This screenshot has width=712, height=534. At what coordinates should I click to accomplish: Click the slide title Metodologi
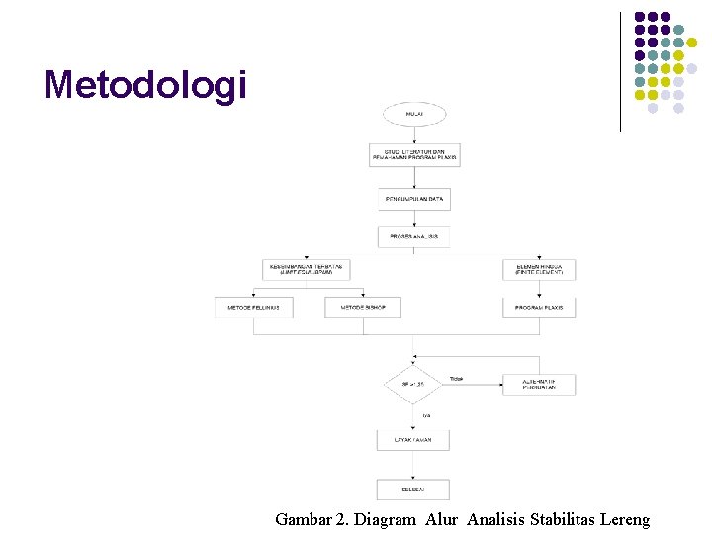pos(144,85)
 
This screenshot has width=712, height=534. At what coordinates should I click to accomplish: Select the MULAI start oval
pos(414,114)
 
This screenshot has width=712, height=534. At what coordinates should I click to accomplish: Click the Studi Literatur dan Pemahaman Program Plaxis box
pos(414,155)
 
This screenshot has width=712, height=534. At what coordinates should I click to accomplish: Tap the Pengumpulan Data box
pos(414,199)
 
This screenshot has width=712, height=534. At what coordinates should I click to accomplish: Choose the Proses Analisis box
pos(414,237)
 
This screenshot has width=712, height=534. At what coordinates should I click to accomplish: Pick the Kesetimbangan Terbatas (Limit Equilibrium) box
pos(309,269)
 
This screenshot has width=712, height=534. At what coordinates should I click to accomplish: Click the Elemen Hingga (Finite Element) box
pos(539,269)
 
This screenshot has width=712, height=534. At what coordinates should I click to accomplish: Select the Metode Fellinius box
pos(254,308)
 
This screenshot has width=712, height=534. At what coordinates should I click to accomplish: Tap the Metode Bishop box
pos(362,308)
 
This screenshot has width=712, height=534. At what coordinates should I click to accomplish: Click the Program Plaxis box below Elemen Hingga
pos(539,308)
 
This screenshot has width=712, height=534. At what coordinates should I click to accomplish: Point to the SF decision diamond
pos(413,384)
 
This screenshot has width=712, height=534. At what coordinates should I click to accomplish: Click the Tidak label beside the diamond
pos(456,379)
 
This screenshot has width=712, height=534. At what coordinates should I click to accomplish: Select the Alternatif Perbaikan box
pos(539,384)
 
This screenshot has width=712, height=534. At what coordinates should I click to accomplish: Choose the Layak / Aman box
pos(413,440)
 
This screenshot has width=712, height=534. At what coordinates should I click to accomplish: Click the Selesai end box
pos(413,489)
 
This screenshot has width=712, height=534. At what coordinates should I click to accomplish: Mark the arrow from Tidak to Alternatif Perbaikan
pos(480,384)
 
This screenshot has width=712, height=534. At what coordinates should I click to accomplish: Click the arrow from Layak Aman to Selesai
pos(413,465)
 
